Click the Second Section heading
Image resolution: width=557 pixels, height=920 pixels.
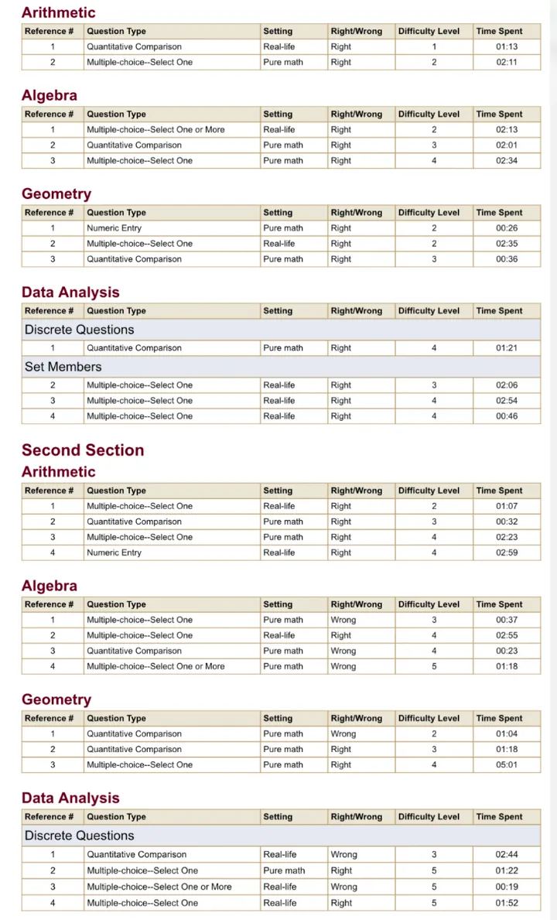pos(83,450)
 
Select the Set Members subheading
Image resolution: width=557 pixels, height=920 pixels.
pos(63,367)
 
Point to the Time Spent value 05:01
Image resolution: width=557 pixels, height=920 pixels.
pos(507,764)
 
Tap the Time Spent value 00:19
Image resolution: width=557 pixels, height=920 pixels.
pos(507,887)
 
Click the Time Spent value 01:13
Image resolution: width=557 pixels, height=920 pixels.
pos(507,46)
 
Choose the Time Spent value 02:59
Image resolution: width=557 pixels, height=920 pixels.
pos(507,552)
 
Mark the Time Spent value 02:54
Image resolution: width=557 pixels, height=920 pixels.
pos(507,401)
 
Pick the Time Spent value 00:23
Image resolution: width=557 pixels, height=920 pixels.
pos(507,651)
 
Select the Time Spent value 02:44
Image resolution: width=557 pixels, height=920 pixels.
pos(507,855)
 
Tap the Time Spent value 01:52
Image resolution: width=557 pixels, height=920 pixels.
pos(507,903)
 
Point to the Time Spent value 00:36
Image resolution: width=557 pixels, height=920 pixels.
pos(507,259)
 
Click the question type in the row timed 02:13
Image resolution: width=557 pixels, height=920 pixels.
pos(155,130)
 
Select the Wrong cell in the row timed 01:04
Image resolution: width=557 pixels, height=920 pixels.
pos(343,734)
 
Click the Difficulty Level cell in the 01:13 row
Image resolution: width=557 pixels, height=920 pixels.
pos(434,46)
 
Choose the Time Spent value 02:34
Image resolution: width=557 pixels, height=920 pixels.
pos(507,161)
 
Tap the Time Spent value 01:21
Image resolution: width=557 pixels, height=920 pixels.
pos(507,348)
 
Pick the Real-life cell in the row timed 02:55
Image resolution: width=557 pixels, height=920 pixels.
pos(279,635)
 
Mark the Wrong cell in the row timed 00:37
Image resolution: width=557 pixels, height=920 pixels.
pos(343,620)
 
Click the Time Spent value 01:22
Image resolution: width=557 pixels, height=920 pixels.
pos(507,870)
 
